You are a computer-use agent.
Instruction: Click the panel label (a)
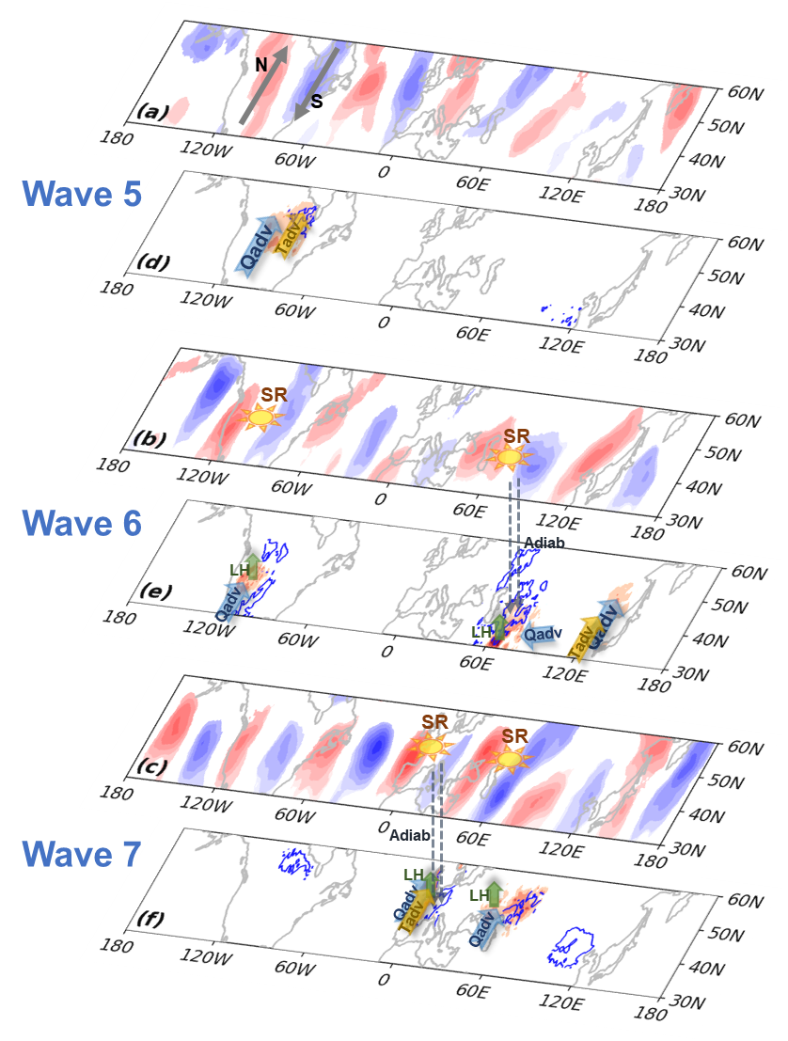[151, 113]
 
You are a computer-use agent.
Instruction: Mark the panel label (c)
[150, 766]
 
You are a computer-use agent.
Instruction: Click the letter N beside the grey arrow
[262, 65]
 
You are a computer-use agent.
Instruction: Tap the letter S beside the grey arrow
[316, 102]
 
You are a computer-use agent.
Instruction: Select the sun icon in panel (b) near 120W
[257, 414]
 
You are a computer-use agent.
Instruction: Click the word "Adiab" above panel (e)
[544, 543]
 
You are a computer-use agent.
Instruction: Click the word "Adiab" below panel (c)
[409, 835]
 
